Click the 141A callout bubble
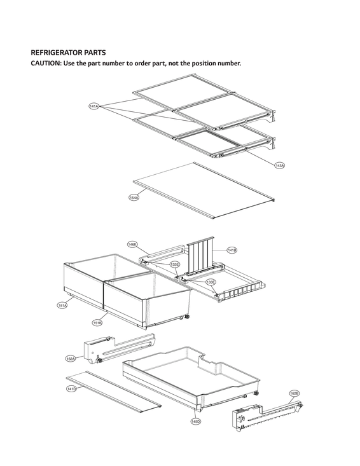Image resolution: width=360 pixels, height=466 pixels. tap(93, 107)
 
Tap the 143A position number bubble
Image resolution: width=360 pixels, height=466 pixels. tap(279, 165)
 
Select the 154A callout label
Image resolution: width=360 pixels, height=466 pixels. tap(134, 198)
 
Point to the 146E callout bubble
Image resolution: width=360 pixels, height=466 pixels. tap(132, 244)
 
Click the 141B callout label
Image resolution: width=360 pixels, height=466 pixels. tap(232, 250)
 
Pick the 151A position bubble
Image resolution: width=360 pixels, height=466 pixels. tap(62, 306)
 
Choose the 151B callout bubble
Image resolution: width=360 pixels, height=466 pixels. tap(97, 323)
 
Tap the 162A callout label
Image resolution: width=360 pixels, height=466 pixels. tap(71, 359)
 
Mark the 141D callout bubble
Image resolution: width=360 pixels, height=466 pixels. tap(71, 388)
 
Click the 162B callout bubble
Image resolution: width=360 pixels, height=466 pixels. tap(294, 394)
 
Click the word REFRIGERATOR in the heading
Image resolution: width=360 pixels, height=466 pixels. tap(59, 52)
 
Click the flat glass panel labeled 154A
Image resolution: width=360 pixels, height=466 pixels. tap(204, 189)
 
